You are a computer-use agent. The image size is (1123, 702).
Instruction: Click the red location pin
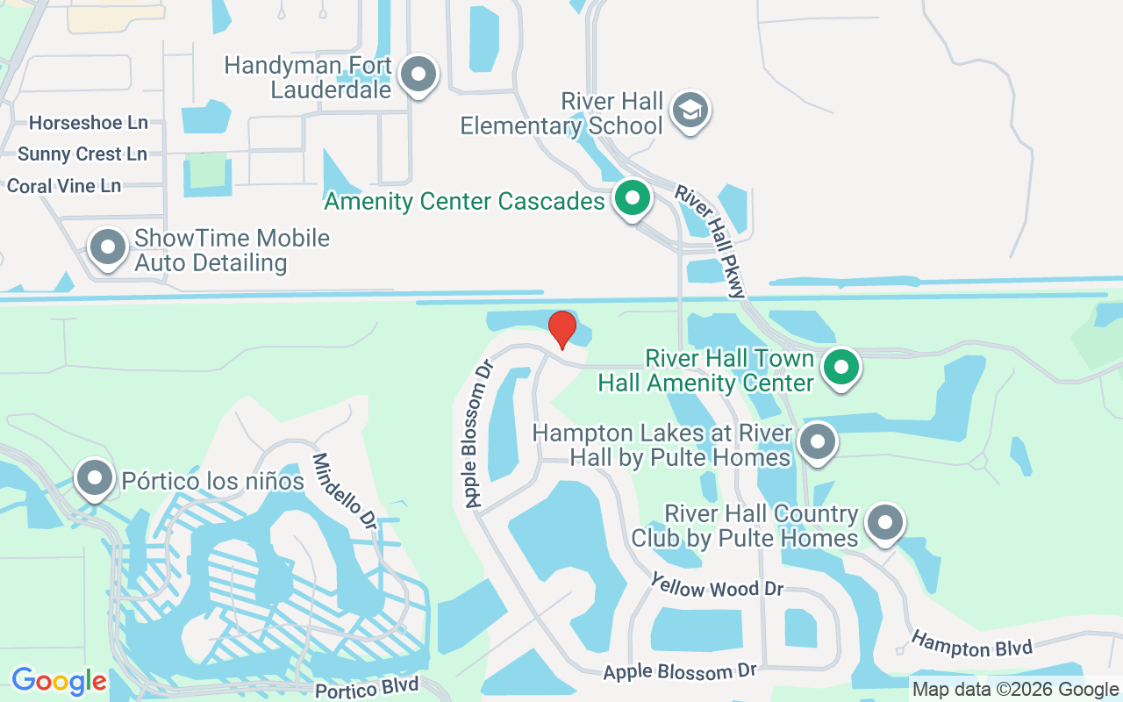(562, 329)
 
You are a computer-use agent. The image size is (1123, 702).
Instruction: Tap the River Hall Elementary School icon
(690, 111)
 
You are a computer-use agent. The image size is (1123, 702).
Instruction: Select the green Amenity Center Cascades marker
(632, 198)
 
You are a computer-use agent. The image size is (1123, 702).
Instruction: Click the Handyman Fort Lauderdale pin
(418, 75)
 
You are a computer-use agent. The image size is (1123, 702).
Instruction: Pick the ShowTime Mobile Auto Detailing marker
(108, 247)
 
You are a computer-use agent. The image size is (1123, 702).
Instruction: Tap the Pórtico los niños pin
(95, 478)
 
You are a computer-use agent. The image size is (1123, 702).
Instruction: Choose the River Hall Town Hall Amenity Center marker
(842, 368)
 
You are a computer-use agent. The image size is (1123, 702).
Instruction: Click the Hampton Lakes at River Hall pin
(818, 441)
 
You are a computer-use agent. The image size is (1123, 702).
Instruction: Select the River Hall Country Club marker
(885, 523)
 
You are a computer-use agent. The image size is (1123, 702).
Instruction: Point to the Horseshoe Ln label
(89, 122)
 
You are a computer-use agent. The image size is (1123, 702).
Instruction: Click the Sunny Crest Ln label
(82, 154)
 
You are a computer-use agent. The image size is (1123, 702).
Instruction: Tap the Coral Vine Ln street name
(64, 186)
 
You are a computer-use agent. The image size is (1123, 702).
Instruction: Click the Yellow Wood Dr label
(717, 585)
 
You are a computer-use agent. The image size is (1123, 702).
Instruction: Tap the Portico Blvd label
(367, 686)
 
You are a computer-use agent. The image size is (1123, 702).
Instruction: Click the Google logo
(59, 681)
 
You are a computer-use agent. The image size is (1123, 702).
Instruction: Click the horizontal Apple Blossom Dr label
(680, 672)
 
